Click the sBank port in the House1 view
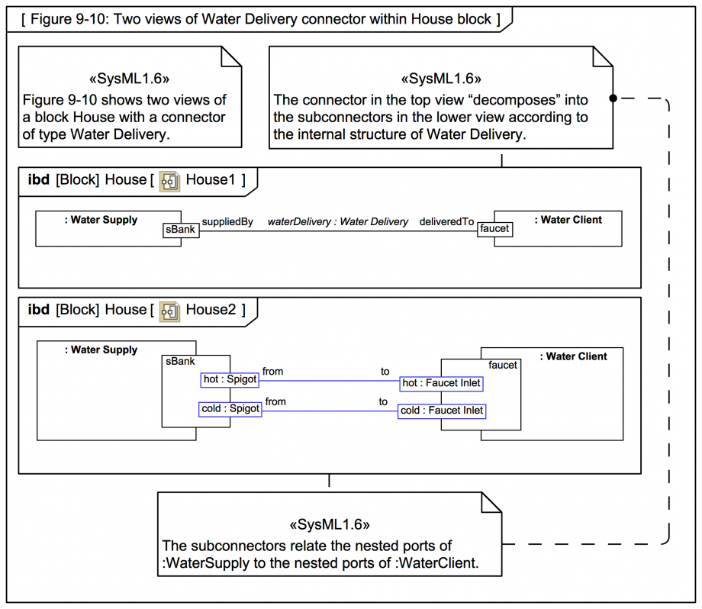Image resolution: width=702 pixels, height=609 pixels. pyautogui.click(x=181, y=230)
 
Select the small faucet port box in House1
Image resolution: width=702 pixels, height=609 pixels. pyautogui.click(x=494, y=229)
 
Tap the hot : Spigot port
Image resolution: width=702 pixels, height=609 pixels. pyautogui.click(x=230, y=380)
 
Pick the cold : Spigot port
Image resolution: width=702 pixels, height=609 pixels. pyautogui.click(x=230, y=409)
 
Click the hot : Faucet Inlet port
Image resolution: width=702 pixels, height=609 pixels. pyautogui.click(x=442, y=383)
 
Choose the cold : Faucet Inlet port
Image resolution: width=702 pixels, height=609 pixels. pyautogui.click(x=442, y=411)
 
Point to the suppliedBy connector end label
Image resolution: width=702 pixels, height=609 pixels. pyautogui.click(x=227, y=221)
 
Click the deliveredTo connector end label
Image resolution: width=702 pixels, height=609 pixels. pyautogui.click(x=446, y=221)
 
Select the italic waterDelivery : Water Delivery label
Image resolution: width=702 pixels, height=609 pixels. pyautogui.click(x=338, y=221)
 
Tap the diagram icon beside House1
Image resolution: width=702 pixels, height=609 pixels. pyautogui.click(x=169, y=182)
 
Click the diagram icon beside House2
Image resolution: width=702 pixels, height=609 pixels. pyautogui.click(x=169, y=311)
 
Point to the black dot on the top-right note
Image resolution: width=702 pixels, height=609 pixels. pyautogui.click(x=613, y=98)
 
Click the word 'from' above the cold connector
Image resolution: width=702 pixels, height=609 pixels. pyautogui.click(x=275, y=401)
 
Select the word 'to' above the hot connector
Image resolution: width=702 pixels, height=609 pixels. pyautogui.click(x=385, y=371)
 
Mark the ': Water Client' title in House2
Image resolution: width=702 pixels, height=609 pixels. pyautogui.click(x=574, y=356)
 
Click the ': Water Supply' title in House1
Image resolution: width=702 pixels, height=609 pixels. pyautogui.click(x=101, y=220)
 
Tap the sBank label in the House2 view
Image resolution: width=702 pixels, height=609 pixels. pyautogui.click(x=180, y=362)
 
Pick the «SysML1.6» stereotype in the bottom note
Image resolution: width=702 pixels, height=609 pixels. pyautogui.click(x=330, y=524)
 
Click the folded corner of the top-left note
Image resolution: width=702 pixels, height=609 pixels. pyautogui.click(x=231, y=56)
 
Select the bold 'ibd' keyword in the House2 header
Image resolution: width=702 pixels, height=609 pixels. pyautogui.click(x=38, y=309)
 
